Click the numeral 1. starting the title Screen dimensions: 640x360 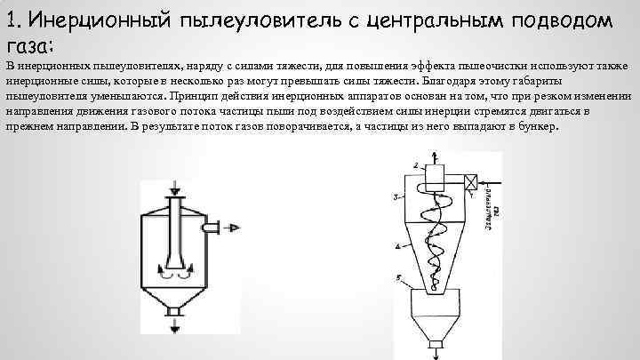14,20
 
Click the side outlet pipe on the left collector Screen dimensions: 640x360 211,230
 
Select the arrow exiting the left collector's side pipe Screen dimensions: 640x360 233,230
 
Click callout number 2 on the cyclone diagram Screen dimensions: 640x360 415,165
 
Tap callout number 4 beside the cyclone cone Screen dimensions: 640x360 396,245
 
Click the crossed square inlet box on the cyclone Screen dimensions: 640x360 468,183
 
